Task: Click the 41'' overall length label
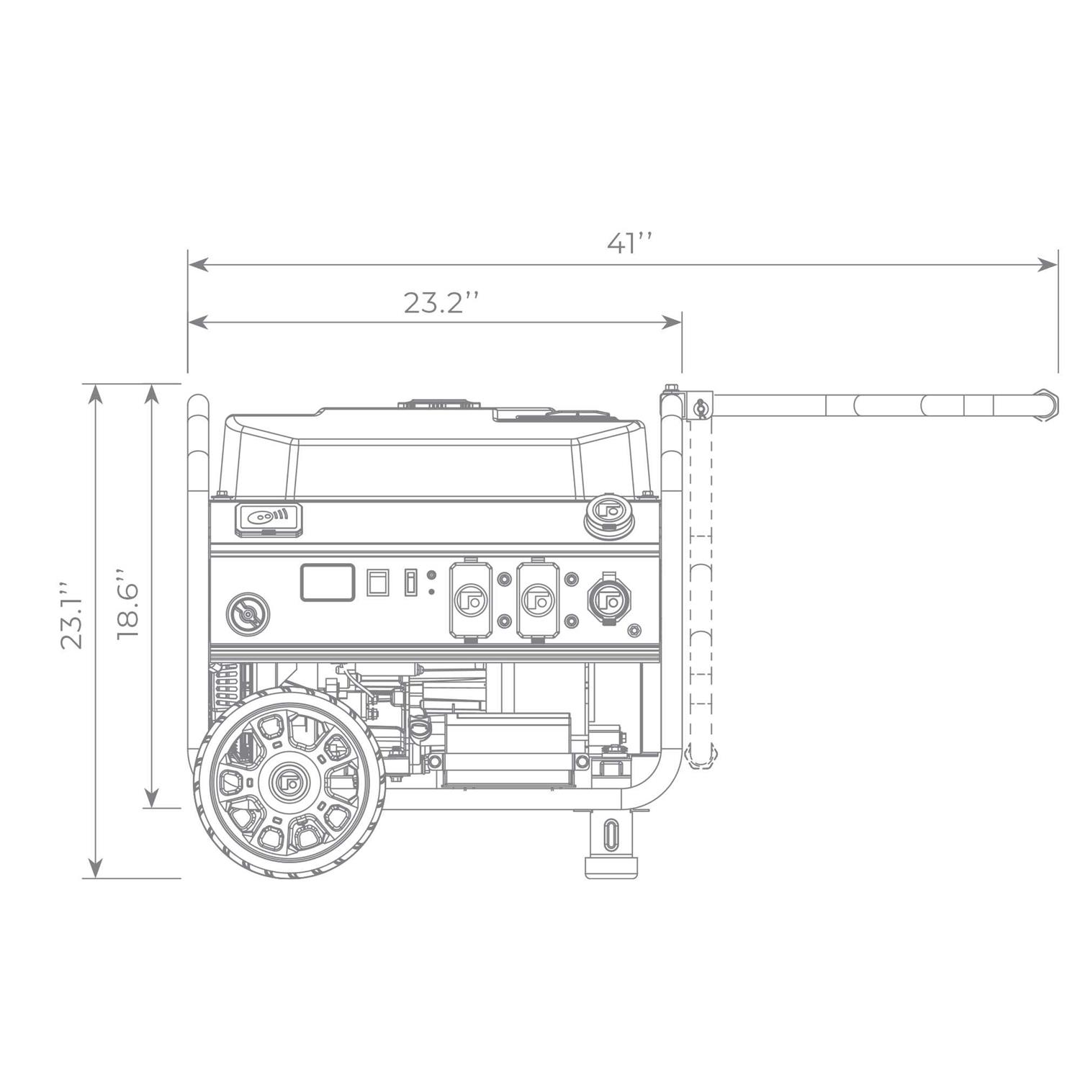(x=629, y=243)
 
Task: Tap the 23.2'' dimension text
(x=441, y=303)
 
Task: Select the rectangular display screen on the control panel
(x=328, y=582)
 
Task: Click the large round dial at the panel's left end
(x=248, y=614)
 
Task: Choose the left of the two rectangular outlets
(x=471, y=599)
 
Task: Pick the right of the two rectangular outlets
(x=538, y=599)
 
